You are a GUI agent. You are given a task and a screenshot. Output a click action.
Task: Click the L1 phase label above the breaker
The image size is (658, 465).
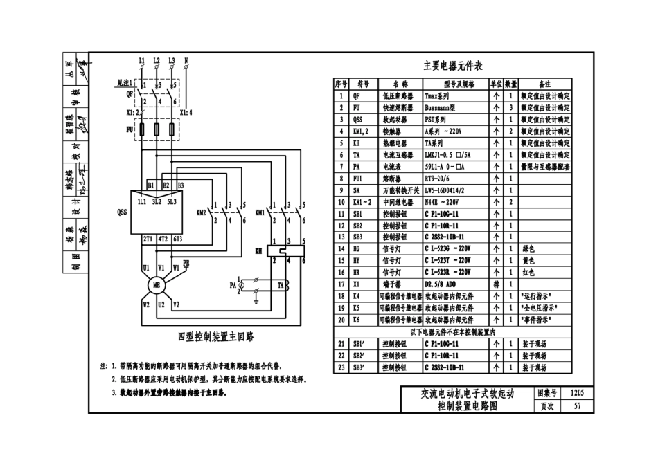(x=142, y=61)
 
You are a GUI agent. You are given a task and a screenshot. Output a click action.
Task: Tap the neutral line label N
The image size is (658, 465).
(x=186, y=61)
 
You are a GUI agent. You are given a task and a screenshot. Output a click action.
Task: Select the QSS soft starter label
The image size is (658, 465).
(x=122, y=214)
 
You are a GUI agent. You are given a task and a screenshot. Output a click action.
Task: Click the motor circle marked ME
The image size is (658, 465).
(x=157, y=285)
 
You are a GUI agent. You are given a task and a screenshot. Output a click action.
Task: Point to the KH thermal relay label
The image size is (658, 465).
(x=259, y=250)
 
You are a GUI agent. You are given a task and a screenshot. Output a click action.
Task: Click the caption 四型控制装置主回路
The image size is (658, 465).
(x=216, y=337)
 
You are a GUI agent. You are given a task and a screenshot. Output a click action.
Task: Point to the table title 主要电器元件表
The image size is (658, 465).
(x=453, y=66)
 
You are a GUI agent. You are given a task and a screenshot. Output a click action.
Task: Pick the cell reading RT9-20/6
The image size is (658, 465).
(x=438, y=177)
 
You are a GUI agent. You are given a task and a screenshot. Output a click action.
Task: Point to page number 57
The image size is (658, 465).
(x=576, y=406)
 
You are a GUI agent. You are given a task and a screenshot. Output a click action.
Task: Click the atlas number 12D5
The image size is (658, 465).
(x=576, y=393)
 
